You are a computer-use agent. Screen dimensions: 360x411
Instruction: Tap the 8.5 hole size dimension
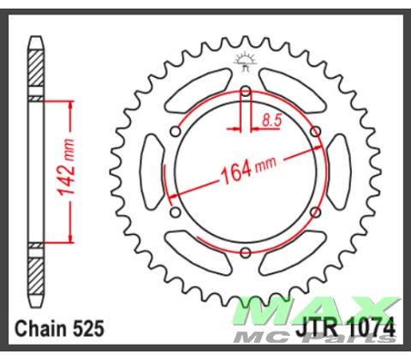(271, 121)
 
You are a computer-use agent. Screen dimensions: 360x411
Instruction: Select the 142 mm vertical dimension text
(75, 170)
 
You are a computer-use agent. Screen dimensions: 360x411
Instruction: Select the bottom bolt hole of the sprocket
(246, 251)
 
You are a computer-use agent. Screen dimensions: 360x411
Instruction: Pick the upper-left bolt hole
(176, 130)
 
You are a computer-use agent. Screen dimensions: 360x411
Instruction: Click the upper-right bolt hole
(316, 130)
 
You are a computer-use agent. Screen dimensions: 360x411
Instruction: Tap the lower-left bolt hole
(176, 211)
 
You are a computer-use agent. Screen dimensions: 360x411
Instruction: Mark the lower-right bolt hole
(316, 211)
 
